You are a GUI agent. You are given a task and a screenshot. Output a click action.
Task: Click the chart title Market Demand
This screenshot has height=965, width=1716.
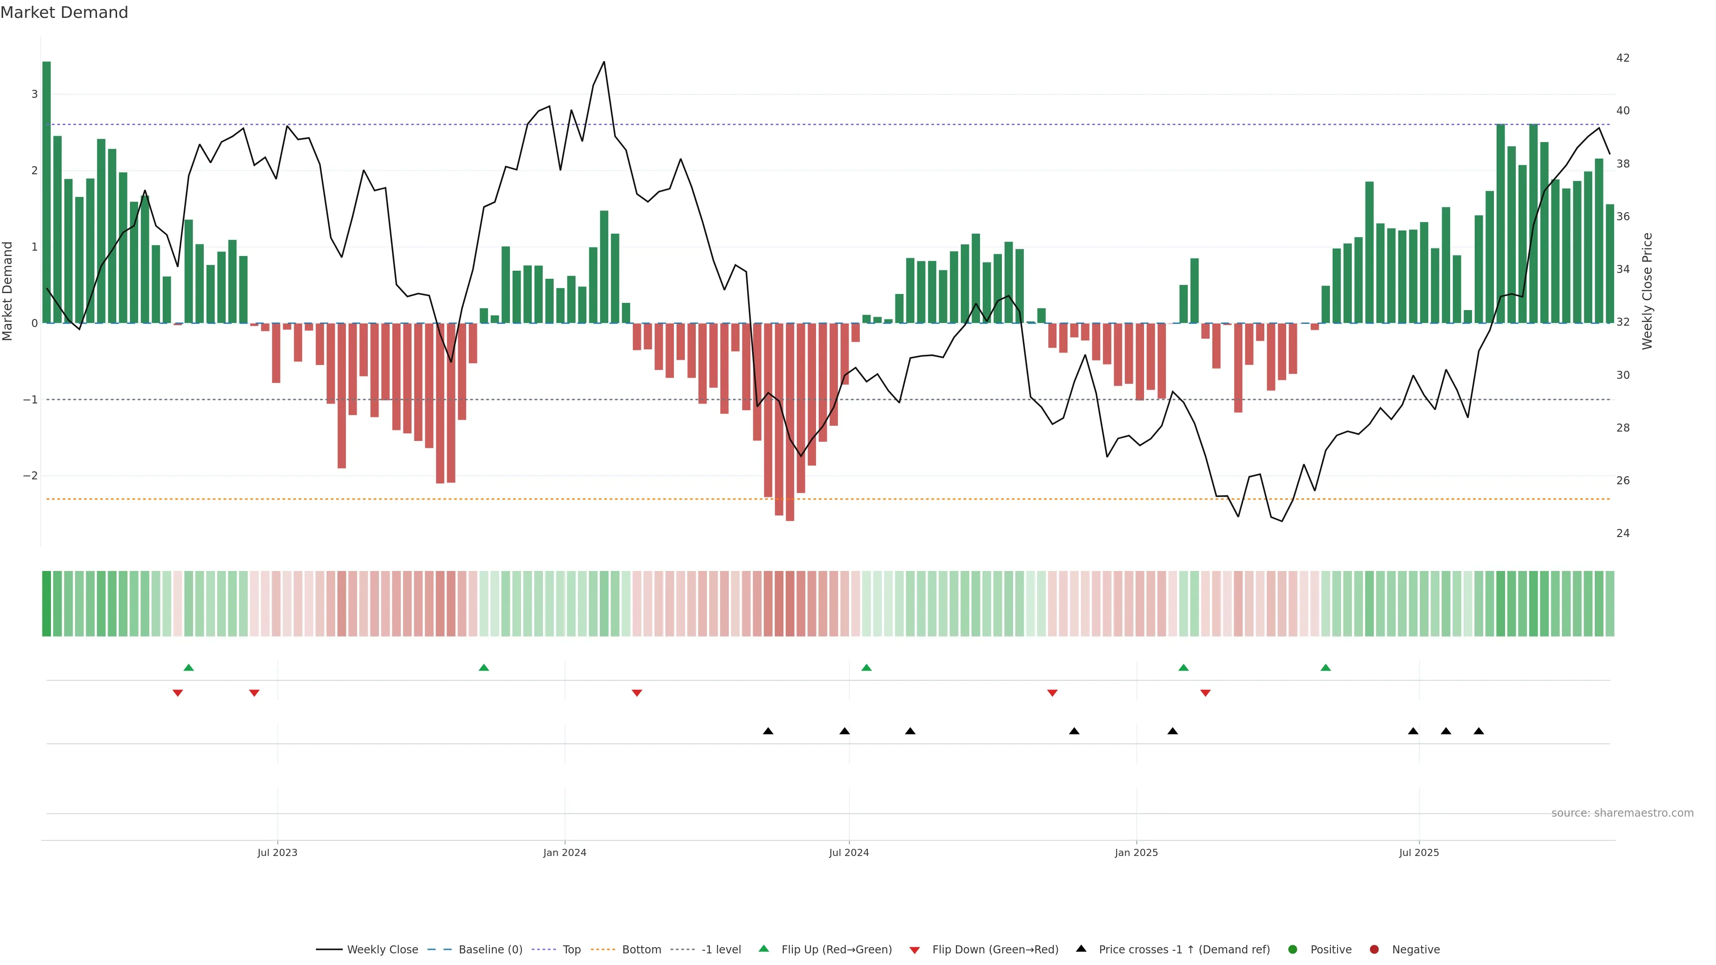[x=64, y=13]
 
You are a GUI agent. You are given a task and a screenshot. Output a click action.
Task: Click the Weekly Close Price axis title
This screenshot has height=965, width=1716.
[x=1647, y=291]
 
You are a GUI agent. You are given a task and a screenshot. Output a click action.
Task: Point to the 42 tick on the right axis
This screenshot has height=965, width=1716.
[x=1623, y=58]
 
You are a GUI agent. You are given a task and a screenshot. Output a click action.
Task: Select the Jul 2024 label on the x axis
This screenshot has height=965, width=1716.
[x=849, y=852]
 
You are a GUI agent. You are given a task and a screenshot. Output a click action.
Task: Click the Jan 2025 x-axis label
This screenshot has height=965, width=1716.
[x=1136, y=852]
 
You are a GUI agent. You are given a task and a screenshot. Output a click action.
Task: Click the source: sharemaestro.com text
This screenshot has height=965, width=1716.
[x=1622, y=813]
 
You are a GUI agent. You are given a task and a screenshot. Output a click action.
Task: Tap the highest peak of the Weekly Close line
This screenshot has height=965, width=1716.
[x=604, y=62]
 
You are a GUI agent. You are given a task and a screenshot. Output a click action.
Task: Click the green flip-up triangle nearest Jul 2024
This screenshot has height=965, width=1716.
[x=866, y=667]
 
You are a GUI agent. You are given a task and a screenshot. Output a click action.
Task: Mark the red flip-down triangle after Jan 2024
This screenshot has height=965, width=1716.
[x=637, y=693]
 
